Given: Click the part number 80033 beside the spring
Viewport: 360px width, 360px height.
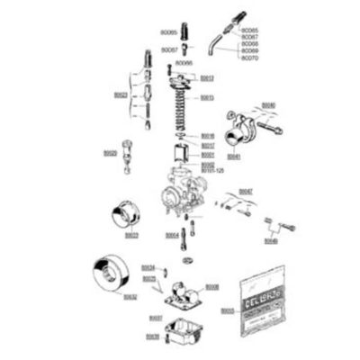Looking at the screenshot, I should (x=207, y=96).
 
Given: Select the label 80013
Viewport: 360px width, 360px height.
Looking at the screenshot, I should (x=207, y=78).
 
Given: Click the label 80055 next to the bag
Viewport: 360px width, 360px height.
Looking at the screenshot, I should (x=227, y=310).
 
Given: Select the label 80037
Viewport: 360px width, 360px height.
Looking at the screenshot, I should (x=156, y=318).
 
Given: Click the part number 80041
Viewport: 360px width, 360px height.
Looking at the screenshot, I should (x=233, y=156).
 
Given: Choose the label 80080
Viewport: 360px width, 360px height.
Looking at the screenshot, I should (x=269, y=105).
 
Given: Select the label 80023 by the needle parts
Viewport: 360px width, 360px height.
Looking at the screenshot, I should (x=121, y=94).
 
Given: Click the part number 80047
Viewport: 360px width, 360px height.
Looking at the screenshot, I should (x=246, y=191).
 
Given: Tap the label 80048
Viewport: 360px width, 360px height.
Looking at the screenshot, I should (x=270, y=241).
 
